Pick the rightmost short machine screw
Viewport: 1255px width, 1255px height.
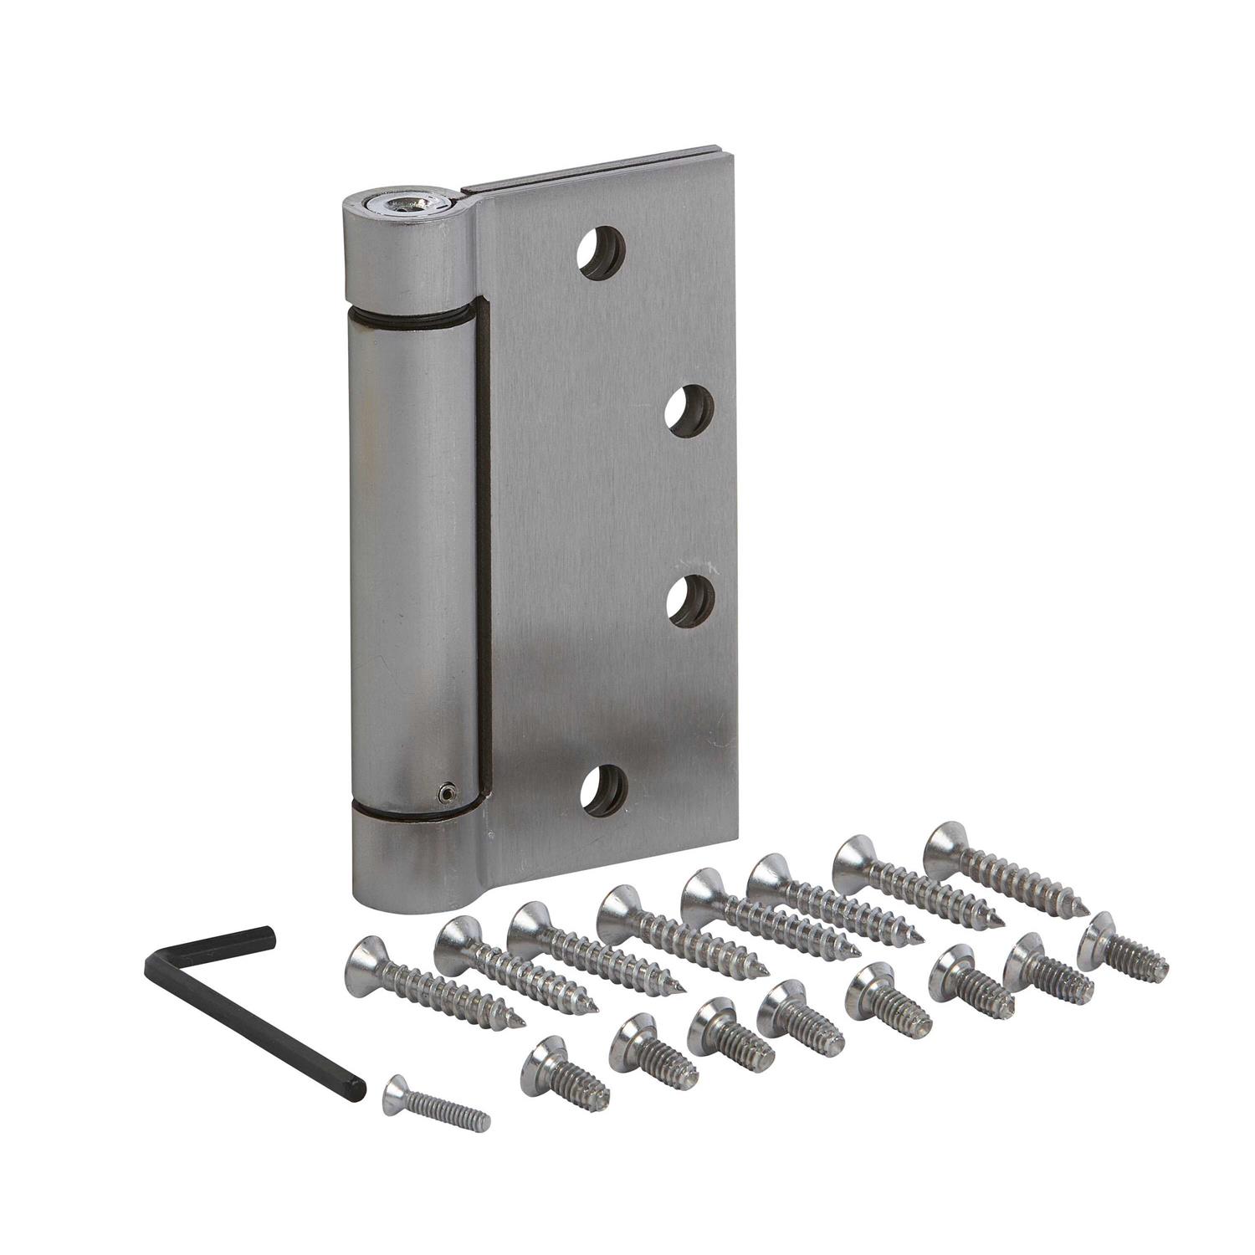click(1121, 945)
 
